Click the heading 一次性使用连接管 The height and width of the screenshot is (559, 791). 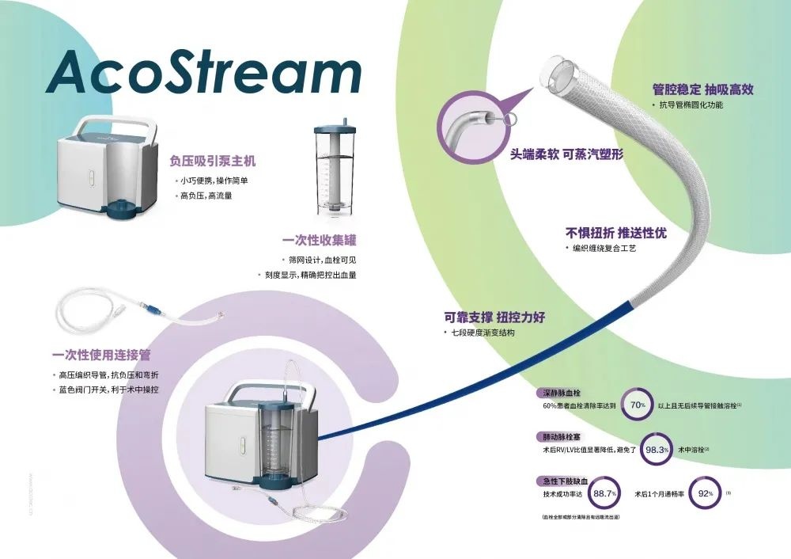[x=101, y=355]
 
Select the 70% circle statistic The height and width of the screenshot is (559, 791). [x=638, y=405]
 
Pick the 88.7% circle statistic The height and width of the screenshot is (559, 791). [x=605, y=493]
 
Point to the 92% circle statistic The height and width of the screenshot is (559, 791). [x=706, y=493]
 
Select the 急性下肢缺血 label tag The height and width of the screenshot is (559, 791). [x=564, y=481]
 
